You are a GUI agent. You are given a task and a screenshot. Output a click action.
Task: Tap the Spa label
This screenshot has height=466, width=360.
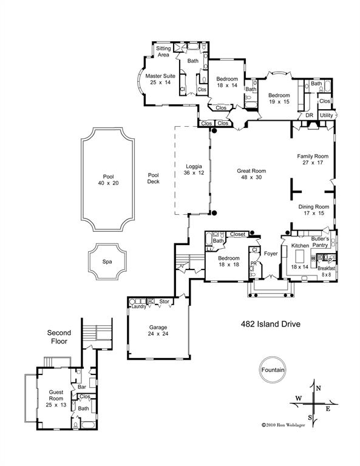107,262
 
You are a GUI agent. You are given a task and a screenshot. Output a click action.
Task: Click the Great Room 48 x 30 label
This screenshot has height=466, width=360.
251,175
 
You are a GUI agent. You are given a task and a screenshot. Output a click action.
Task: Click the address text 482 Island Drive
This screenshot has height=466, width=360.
270,324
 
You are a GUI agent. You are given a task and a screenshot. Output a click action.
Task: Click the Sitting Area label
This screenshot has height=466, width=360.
163,51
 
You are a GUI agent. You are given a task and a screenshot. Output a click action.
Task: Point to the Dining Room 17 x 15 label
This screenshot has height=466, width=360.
313,209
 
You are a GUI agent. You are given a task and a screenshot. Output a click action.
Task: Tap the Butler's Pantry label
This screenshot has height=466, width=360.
320,242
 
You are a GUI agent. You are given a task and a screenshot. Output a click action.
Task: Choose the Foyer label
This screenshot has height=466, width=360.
271,253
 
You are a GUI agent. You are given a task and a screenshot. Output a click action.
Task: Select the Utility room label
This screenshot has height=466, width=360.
326,115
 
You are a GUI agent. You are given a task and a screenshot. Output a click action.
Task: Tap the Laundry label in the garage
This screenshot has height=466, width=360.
139,306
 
